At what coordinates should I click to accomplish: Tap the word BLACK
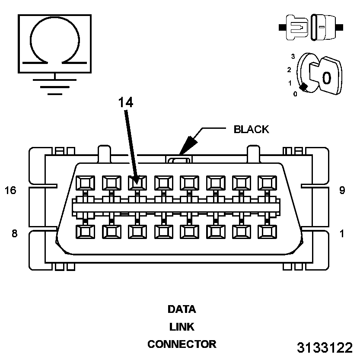click(251, 129)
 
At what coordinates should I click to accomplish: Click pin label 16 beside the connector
click(10, 190)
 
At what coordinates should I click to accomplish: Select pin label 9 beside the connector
click(342, 190)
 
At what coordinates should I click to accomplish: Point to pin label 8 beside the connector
click(14, 233)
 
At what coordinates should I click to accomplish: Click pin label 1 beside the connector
click(342, 233)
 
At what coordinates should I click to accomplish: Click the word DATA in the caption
click(182, 309)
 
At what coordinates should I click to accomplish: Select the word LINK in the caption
click(182, 327)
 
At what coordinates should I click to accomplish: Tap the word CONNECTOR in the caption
click(182, 344)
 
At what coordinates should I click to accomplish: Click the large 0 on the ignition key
click(326, 78)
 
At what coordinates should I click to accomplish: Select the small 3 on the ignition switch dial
click(293, 57)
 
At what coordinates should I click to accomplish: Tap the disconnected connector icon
click(311, 27)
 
